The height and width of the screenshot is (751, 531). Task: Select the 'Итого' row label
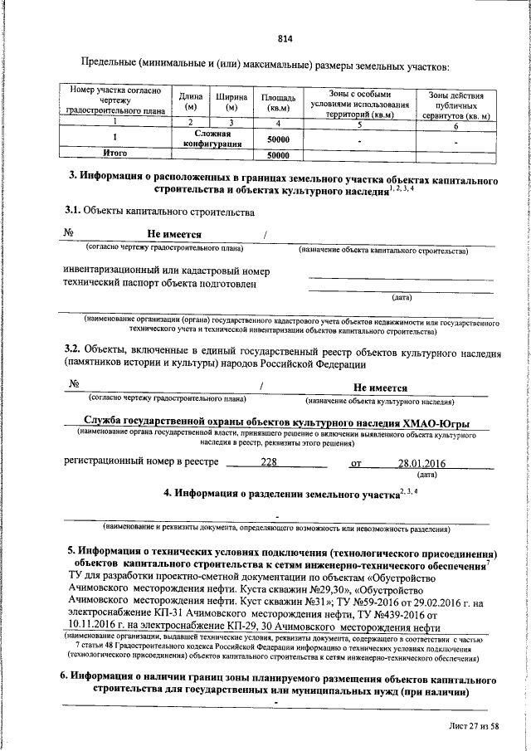tap(114, 154)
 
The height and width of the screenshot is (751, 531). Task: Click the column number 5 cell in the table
tap(358, 124)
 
